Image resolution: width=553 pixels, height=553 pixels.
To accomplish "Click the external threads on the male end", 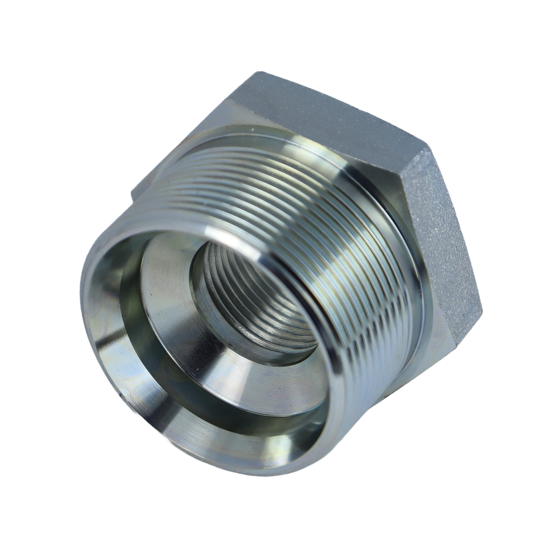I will pos(319,223).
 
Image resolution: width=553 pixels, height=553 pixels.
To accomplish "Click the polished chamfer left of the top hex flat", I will pos(213,117).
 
